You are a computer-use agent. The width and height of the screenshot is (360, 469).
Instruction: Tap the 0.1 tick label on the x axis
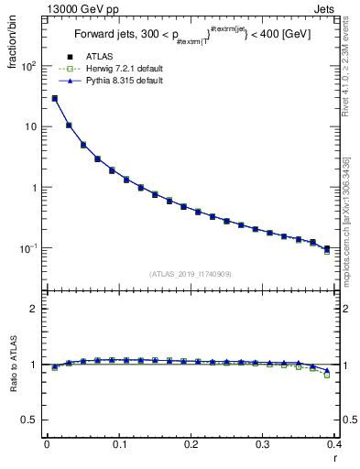point(118,445)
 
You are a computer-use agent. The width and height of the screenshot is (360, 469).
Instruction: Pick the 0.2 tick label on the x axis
point(191,445)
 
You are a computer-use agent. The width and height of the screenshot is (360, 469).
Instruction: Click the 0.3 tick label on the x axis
point(262,445)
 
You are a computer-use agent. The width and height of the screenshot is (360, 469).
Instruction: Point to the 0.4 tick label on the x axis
point(333,445)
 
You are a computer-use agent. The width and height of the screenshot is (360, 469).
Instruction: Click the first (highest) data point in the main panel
point(54,98)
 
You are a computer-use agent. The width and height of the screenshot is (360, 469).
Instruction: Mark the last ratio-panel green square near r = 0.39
point(327,376)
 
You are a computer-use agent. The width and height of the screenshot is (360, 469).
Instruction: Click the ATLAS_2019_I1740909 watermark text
point(191,274)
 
